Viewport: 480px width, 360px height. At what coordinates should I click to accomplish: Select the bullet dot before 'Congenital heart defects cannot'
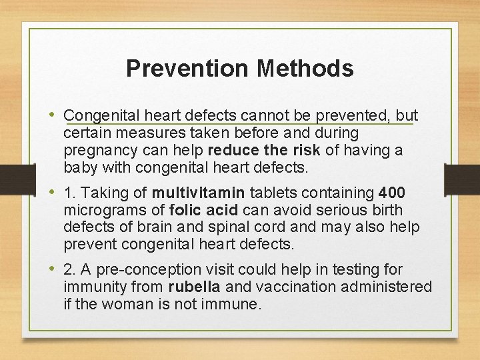53,115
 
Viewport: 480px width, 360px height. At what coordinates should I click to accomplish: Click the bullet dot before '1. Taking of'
53,193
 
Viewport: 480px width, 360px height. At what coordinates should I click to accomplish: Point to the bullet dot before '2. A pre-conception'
53,269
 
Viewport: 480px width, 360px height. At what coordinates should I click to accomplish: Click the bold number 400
391,193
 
